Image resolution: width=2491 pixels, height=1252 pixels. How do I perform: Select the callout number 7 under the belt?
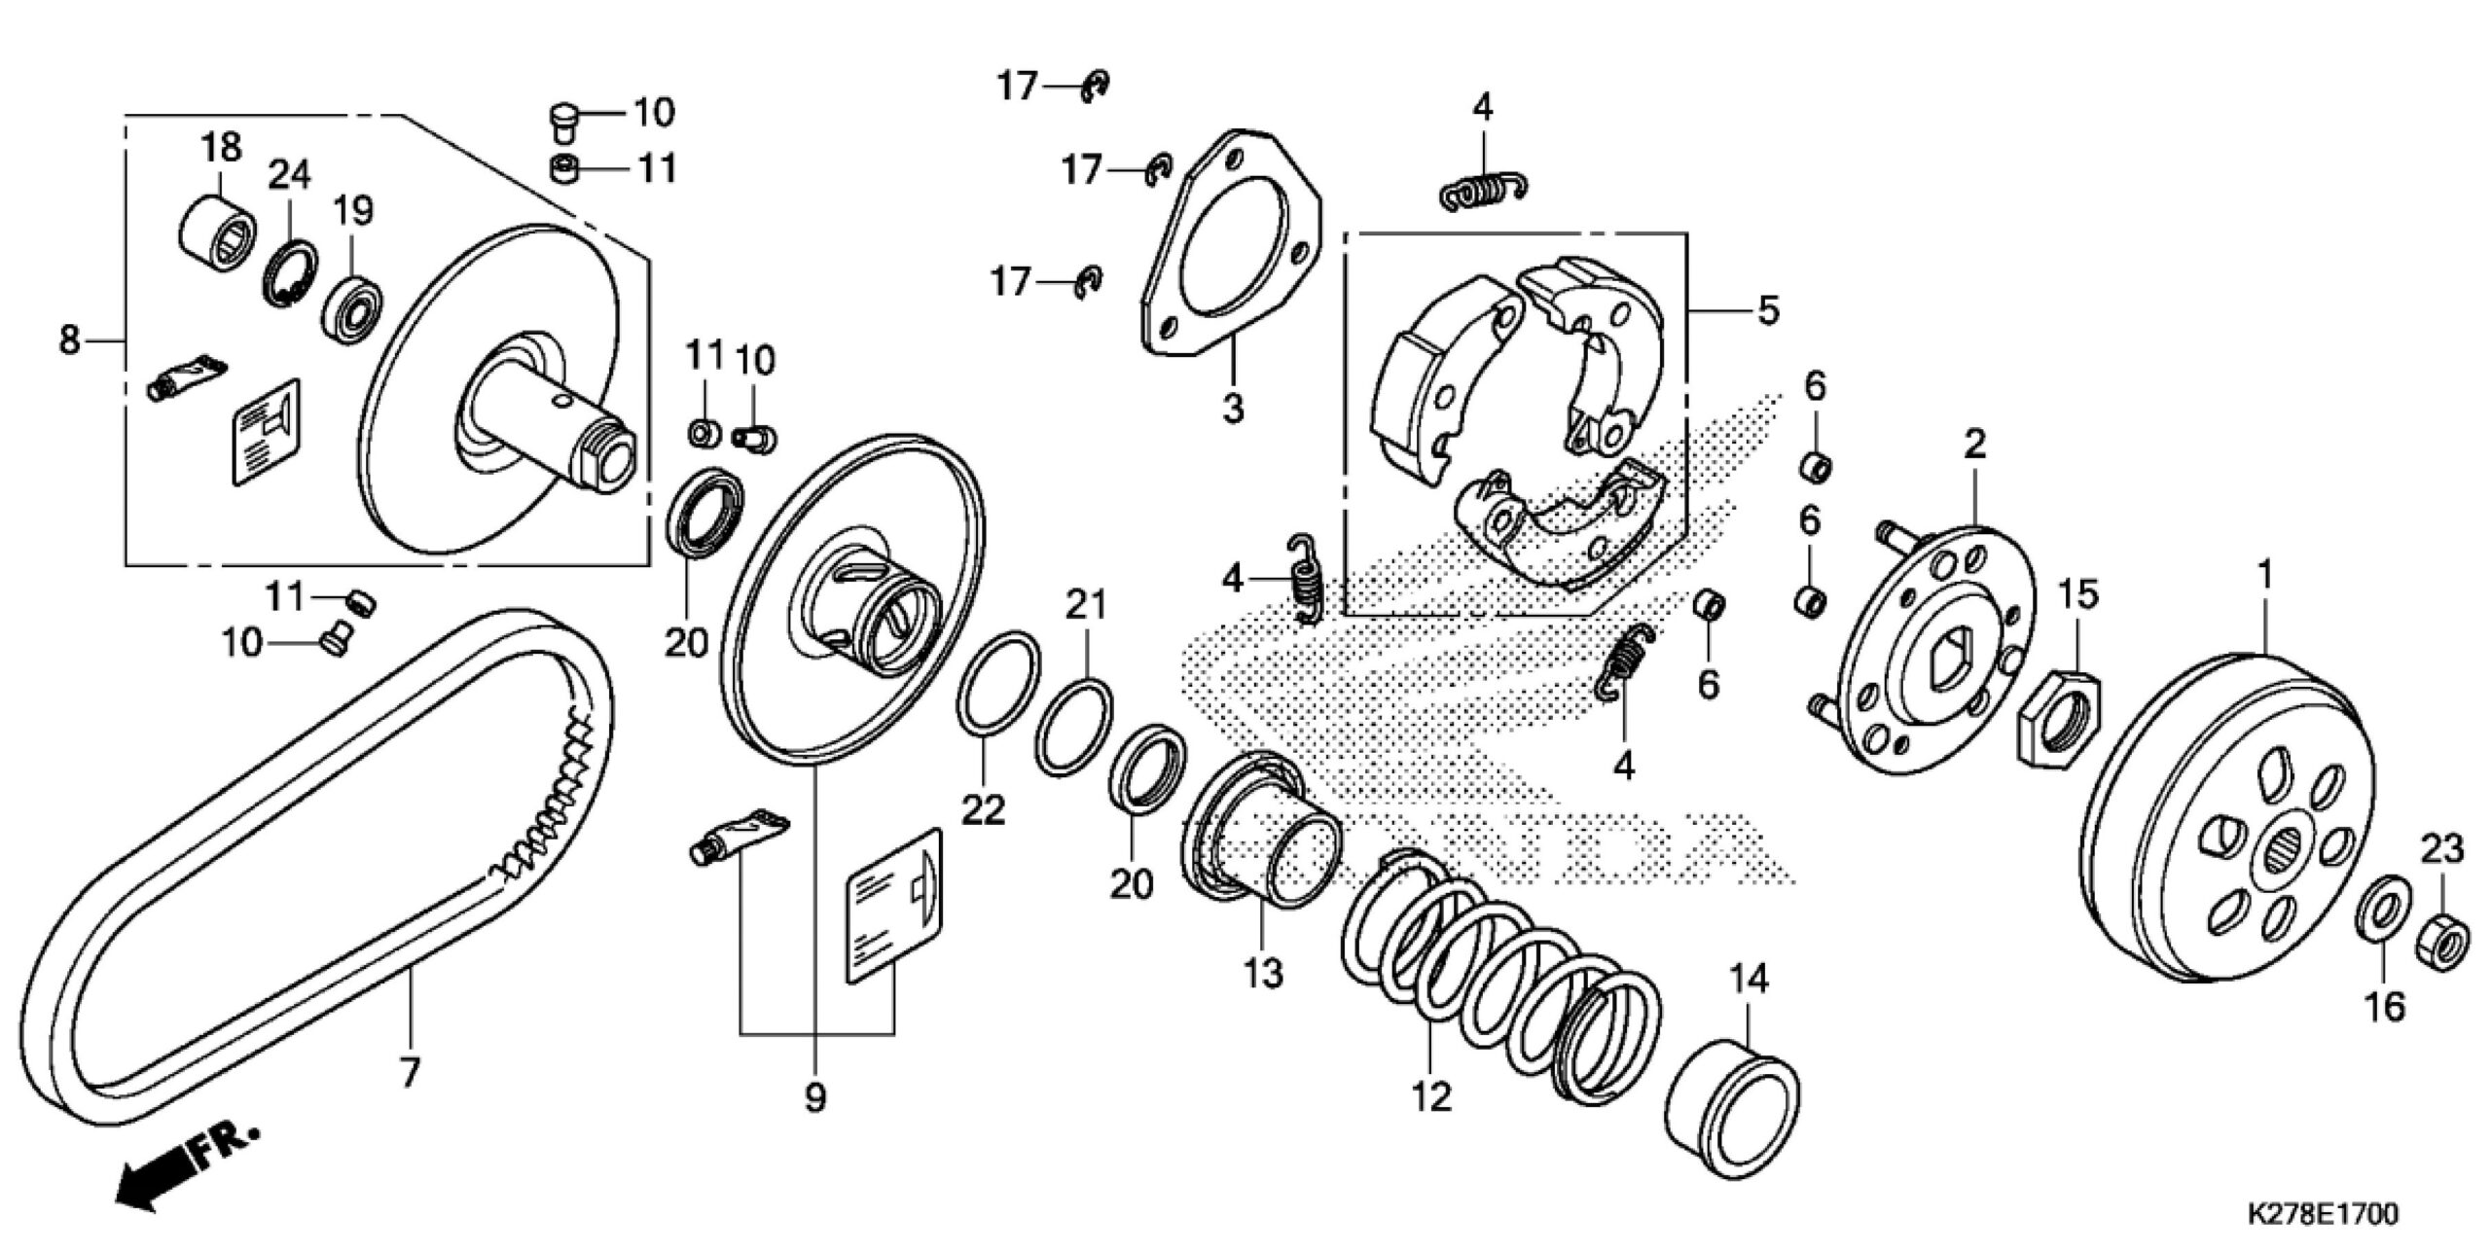point(410,1074)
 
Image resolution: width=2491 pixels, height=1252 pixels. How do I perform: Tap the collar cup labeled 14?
point(1731,1108)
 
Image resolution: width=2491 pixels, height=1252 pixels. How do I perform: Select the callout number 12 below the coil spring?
point(1430,1097)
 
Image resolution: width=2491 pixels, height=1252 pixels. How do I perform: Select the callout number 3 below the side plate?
point(1232,410)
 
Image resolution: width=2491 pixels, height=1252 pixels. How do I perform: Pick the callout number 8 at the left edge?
point(69,341)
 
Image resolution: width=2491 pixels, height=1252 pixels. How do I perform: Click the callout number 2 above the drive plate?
point(1973,446)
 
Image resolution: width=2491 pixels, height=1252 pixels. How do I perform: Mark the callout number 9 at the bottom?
point(815,1098)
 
